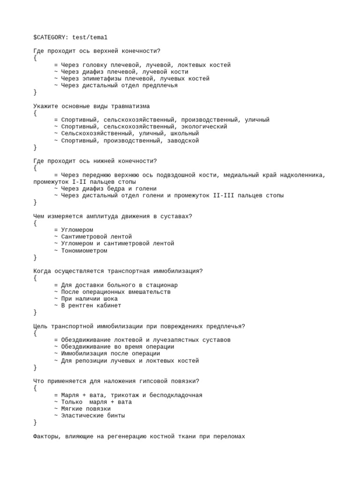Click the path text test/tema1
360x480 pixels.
pos(90,37)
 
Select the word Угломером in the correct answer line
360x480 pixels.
pos(77,230)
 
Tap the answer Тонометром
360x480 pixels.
pos(84,250)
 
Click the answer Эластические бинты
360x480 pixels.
pos(93,415)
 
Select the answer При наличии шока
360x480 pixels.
pos(90,299)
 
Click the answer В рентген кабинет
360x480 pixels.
pos(91,306)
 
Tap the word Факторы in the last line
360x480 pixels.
pos(45,436)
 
